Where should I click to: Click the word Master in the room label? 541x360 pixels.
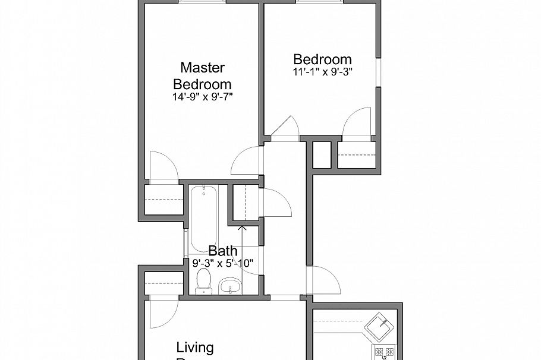(x=202, y=67)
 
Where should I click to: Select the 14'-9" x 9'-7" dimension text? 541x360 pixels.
(x=202, y=97)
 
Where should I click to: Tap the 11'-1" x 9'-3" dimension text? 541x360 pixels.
(x=323, y=72)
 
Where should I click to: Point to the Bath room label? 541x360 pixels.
(x=223, y=251)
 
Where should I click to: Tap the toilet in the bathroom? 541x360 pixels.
(x=203, y=280)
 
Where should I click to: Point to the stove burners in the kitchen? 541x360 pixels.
(x=383, y=352)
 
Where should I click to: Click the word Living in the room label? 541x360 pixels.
(x=195, y=348)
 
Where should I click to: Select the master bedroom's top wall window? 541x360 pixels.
(x=203, y=2)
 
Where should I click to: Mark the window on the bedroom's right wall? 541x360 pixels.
(x=378, y=72)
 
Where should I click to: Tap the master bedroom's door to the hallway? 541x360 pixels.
(x=247, y=160)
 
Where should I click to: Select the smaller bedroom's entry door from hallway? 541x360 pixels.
(x=285, y=127)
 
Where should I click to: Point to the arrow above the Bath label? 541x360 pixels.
(x=242, y=227)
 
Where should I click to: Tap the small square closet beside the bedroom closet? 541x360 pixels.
(x=322, y=155)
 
